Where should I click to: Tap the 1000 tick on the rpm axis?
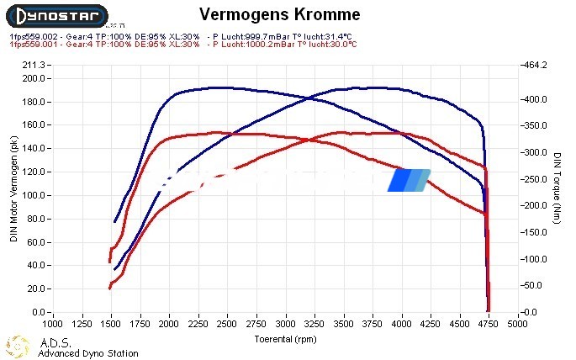52,322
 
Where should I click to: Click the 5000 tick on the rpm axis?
516,322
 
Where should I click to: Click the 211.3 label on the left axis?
34,65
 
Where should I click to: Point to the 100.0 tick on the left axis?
34,195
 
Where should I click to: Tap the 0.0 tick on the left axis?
39,312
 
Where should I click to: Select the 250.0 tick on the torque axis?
536,179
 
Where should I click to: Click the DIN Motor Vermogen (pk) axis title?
13,189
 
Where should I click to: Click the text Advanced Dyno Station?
87,353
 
